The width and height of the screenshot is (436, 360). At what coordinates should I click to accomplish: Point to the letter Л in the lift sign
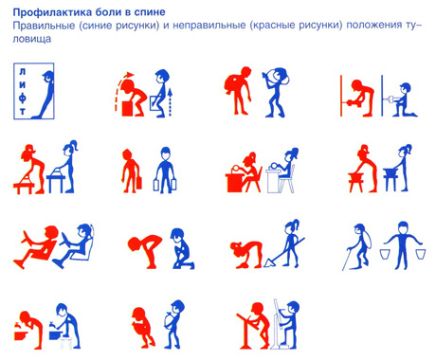click(22, 72)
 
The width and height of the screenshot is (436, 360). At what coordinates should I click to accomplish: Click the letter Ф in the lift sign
click(22, 99)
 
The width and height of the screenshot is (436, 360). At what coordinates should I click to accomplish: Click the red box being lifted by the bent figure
click(129, 108)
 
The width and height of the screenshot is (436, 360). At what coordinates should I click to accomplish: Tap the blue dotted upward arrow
click(171, 102)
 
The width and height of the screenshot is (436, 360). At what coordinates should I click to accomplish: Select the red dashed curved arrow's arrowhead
click(129, 75)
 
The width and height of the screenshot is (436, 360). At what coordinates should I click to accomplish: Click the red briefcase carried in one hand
click(138, 183)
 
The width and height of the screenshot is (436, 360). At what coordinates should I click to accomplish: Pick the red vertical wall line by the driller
click(341, 96)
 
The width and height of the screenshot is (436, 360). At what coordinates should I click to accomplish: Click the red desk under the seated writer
click(235, 182)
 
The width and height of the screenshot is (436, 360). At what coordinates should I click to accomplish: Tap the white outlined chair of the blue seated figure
click(287, 181)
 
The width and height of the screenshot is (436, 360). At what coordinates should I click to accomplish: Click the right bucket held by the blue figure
click(421, 254)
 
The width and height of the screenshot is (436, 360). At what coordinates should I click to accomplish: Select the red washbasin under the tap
click(21, 334)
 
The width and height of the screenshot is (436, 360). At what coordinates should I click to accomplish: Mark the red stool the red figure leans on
click(355, 182)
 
